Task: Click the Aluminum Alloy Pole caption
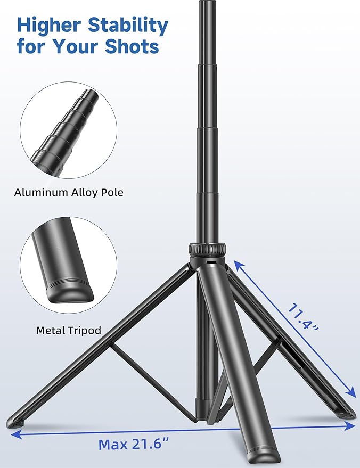(69, 192)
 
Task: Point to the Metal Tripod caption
(69, 331)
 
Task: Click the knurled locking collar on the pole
(207, 249)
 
